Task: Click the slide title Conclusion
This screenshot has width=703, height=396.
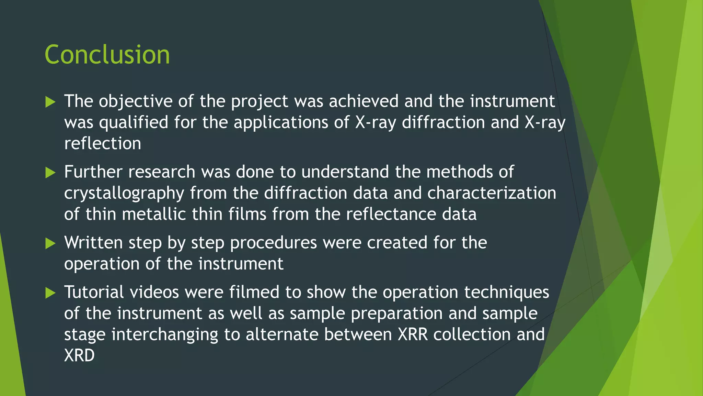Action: tap(107, 55)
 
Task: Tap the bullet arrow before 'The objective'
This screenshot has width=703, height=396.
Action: tap(50, 102)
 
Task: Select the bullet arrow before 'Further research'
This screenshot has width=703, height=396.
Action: tap(50, 173)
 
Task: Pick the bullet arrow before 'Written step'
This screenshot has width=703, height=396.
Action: tap(50, 244)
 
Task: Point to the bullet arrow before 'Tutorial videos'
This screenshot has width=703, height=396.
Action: tap(50, 293)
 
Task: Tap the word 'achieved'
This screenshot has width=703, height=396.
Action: tap(364, 101)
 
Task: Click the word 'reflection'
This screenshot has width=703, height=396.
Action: tap(103, 143)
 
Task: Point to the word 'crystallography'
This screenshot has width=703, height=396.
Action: tap(124, 194)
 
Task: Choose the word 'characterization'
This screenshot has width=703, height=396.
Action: tap(492, 193)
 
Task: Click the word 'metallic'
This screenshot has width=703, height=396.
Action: tap(153, 214)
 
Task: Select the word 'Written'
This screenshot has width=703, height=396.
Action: tap(93, 243)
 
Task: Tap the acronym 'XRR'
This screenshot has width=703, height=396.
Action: tap(413, 334)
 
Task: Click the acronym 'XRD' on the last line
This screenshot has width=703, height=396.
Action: tap(79, 355)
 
